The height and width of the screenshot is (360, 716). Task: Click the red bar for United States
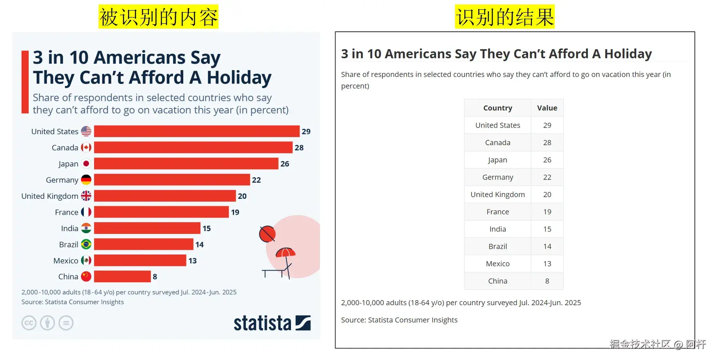(x=196, y=131)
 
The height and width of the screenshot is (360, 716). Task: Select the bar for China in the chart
(x=122, y=277)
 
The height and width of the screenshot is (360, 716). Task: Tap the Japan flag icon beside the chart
(x=86, y=164)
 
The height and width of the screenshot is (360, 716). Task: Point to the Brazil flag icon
(x=86, y=244)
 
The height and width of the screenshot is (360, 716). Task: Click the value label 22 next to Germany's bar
(x=257, y=180)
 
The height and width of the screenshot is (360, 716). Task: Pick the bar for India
(x=147, y=228)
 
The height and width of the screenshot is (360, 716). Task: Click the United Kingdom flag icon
(x=86, y=196)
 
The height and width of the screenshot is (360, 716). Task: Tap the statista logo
(x=272, y=323)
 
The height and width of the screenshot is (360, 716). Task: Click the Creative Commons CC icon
(x=29, y=323)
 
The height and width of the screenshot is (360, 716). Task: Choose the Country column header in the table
(x=498, y=108)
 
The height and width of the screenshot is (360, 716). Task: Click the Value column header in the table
(x=547, y=108)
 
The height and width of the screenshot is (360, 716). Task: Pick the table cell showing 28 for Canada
(x=547, y=143)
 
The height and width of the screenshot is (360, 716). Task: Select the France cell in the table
(x=498, y=212)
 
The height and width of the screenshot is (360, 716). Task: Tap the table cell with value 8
(x=547, y=281)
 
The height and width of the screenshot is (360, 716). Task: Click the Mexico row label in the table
(x=498, y=264)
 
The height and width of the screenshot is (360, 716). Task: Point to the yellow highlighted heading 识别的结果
(x=504, y=17)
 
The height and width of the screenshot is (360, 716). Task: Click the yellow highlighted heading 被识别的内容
(x=158, y=17)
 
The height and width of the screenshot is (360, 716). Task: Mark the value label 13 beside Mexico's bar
(x=193, y=261)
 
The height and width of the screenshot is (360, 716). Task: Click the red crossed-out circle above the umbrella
(x=267, y=234)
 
